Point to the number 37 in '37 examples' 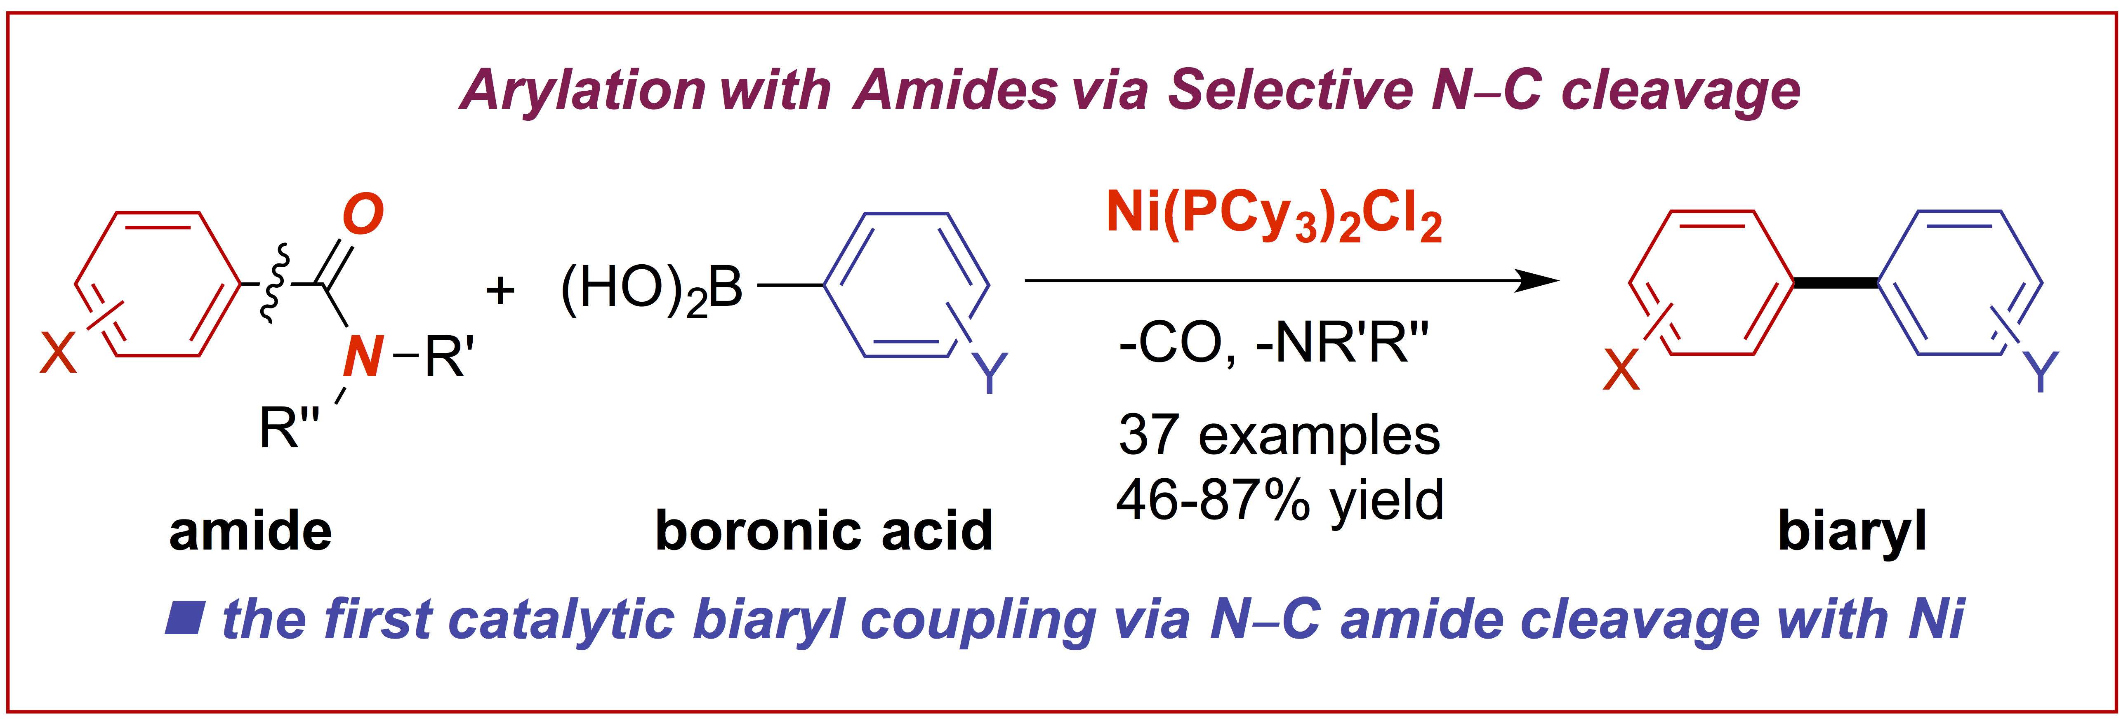(1148, 435)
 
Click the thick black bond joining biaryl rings (1836, 283)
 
